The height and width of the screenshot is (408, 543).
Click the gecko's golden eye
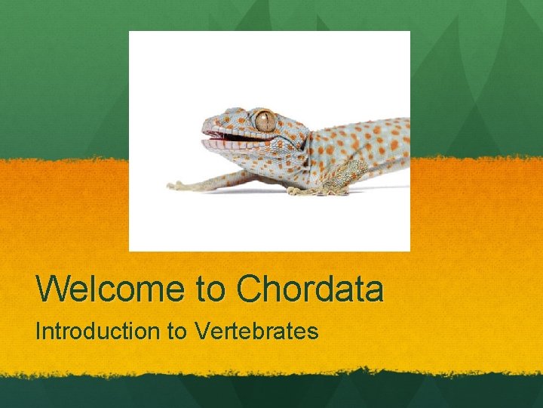tap(265, 120)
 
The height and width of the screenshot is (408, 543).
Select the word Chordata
tap(309, 289)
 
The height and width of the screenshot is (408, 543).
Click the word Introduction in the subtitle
tap(97, 331)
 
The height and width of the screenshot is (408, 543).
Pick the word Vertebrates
tap(256, 331)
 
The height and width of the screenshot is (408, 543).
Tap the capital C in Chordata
tap(250, 289)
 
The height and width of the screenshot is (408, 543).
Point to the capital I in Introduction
tap(39, 331)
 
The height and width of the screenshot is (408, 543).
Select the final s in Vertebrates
tap(313, 332)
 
